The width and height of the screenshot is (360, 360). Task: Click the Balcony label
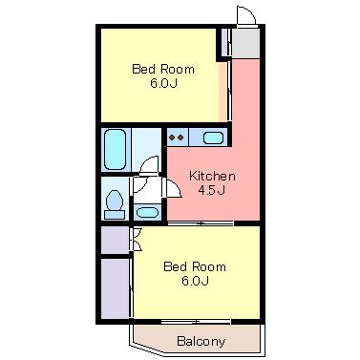coord(201,342)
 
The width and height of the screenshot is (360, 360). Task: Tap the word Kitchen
coord(212,176)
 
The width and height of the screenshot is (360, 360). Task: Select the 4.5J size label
coord(212,190)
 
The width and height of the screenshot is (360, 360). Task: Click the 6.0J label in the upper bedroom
coord(163,83)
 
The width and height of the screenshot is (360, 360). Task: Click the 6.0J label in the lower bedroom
coord(195,281)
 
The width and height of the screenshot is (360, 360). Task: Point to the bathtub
coord(116,149)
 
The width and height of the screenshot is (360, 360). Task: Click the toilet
coord(115,204)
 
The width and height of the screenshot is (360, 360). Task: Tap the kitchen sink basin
coord(213,138)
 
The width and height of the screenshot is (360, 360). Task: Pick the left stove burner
coord(172,138)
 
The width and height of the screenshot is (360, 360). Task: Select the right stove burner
coord(180,138)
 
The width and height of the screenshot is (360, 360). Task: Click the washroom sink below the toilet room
coord(147,212)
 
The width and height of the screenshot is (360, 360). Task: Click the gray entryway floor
coord(245,43)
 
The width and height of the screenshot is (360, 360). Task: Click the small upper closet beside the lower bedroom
coord(115,240)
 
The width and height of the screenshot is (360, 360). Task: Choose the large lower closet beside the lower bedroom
coord(115,288)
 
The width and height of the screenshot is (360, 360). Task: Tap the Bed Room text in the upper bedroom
coord(163,69)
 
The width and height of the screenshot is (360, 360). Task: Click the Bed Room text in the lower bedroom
coord(195,266)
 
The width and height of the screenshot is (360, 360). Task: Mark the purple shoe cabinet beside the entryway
coord(224,42)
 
